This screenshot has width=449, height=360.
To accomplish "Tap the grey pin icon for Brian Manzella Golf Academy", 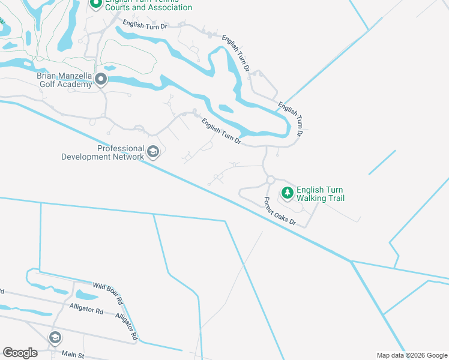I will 101,79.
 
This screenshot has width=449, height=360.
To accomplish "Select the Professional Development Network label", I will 103,152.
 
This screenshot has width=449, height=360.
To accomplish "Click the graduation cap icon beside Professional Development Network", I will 153,152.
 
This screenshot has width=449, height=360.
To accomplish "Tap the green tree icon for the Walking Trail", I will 288,193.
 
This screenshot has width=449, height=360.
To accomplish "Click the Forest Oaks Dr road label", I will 280,212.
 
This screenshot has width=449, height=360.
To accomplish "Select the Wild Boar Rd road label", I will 107,292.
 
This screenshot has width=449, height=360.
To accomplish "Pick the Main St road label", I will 72,355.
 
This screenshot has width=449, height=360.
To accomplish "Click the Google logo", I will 20,352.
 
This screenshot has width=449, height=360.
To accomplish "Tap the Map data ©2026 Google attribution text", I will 412,355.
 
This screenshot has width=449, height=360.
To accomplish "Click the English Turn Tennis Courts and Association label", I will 148,4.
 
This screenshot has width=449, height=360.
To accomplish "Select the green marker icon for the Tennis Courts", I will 95,3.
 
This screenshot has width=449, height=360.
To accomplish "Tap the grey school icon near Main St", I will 55,337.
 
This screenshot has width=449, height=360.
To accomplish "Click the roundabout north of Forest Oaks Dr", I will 271,179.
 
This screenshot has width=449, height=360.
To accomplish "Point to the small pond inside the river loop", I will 226,109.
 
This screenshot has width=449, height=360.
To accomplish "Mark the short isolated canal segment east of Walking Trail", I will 382,162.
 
